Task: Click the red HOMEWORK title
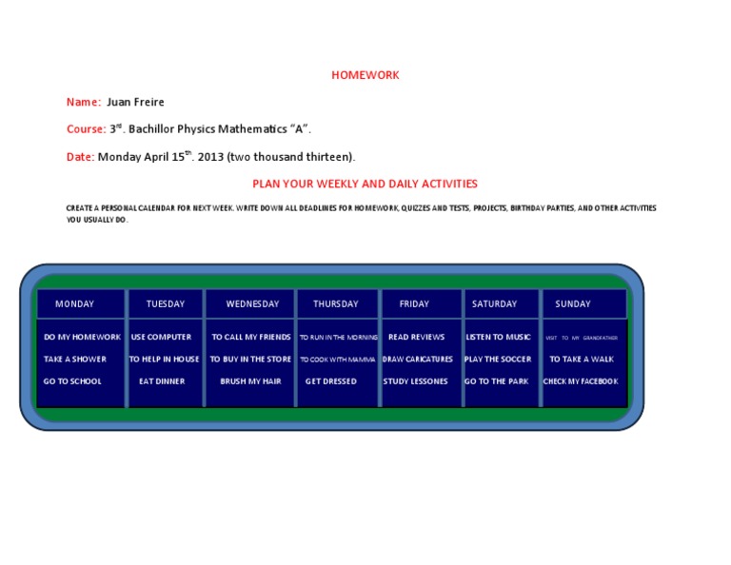(365, 75)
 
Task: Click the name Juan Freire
(135, 102)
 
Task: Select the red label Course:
(86, 129)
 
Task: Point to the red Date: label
(80, 157)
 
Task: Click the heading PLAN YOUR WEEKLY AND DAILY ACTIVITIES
(365, 184)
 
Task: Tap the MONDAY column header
(74, 304)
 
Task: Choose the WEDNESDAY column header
(252, 304)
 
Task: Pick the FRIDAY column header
(414, 304)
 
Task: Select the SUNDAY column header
(573, 304)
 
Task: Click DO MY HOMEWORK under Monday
(82, 337)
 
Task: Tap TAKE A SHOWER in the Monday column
(75, 360)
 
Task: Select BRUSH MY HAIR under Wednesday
(251, 381)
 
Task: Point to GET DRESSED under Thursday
(331, 381)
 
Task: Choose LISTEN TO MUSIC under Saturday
(498, 337)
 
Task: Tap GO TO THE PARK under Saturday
(496, 381)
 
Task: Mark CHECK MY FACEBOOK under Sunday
(581, 381)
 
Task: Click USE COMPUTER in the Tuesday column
(161, 337)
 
